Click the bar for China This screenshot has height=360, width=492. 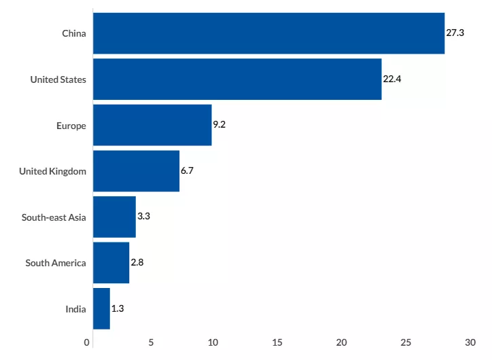[x=268, y=33]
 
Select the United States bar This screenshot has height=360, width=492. [x=237, y=79]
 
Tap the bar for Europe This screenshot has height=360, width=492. [x=152, y=125]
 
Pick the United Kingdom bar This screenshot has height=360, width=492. [x=136, y=171]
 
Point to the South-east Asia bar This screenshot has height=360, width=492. [x=114, y=217]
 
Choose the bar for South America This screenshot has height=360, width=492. [x=111, y=263]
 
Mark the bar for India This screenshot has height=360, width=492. [x=101, y=309]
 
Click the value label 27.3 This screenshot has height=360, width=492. [x=455, y=33]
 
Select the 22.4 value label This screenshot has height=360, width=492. [x=392, y=79]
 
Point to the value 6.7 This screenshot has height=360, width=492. [x=187, y=170]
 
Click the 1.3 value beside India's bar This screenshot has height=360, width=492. [x=118, y=308]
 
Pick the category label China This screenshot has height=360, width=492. [x=74, y=33]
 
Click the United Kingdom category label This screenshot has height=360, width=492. [x=52, y=171]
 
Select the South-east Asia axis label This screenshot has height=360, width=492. [x=54, y=217]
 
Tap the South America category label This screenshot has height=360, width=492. [x=56, y=263]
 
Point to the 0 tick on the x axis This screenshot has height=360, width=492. [x=87, y=342]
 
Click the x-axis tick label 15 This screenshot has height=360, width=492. [x=277, y=342]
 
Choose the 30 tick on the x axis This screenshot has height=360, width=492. [x=470, y=342]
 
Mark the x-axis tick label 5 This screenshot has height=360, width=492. [x=151, y=342]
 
